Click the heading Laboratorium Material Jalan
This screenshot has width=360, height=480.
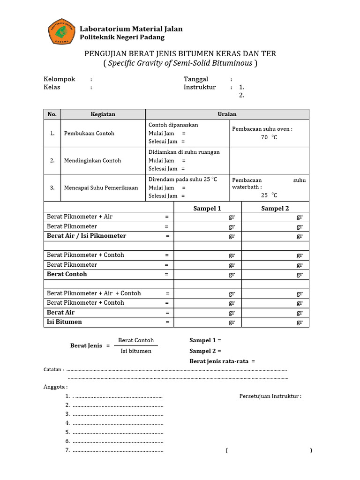click(x=131, y=29)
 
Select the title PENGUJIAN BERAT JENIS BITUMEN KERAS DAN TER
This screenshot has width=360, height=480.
click(x=180, y=54)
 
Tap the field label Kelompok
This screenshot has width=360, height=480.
click(x=60, y=79)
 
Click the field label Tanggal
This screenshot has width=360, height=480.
click(x=196, y=79)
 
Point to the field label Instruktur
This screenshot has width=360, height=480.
click(x=200, y=87)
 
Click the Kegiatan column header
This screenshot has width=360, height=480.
click(x=103, y=114)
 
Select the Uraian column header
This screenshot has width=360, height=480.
click(x=227, y=114)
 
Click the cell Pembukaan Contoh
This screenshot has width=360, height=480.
click(x=89, y=134)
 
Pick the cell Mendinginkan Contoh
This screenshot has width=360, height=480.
click(x=92, y=161)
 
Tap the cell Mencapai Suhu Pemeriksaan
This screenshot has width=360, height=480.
click(x=101, y=188)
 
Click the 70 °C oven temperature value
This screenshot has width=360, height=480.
click(x=269, y=138)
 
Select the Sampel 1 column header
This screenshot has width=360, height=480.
click(x=207, y=209)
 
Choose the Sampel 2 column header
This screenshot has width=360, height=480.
click(x=275, y=209)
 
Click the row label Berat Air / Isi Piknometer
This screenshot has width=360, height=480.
click(x=86, y=236)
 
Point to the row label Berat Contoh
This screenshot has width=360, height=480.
click(x=67, y=274)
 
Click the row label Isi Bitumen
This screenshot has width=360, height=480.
click(x=64, y=322)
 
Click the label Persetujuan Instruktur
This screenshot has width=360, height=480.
click(x=270, y=396)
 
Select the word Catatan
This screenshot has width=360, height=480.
click(x=53, y=369)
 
